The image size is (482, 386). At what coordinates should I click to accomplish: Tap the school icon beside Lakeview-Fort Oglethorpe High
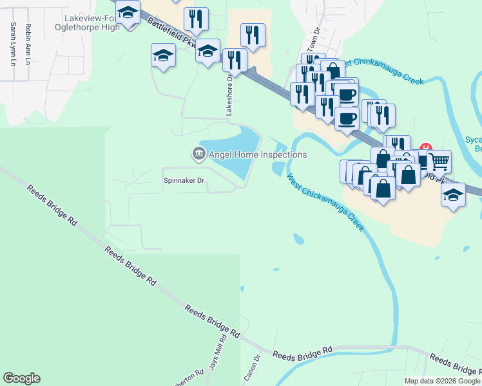[128, 14]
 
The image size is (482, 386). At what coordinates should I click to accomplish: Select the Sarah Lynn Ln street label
[12, 44]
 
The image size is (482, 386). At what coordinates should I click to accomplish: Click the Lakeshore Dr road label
[228, 94]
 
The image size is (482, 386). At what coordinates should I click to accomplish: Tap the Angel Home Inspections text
[258, 154]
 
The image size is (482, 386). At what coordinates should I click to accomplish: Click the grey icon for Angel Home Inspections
[198, 154]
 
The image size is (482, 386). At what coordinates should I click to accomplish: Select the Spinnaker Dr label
[184, 181]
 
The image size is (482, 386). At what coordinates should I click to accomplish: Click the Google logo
[21, 378]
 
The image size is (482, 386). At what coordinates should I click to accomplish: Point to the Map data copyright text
[442, 381]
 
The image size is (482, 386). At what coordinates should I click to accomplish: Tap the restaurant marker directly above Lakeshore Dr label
[235, 60]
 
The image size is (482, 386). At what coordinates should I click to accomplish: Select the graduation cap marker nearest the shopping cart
[453, 194]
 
